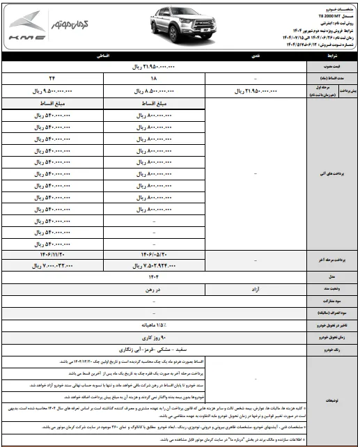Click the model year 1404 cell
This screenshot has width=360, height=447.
[155, 276]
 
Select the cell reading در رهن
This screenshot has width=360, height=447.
[155, 288]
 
